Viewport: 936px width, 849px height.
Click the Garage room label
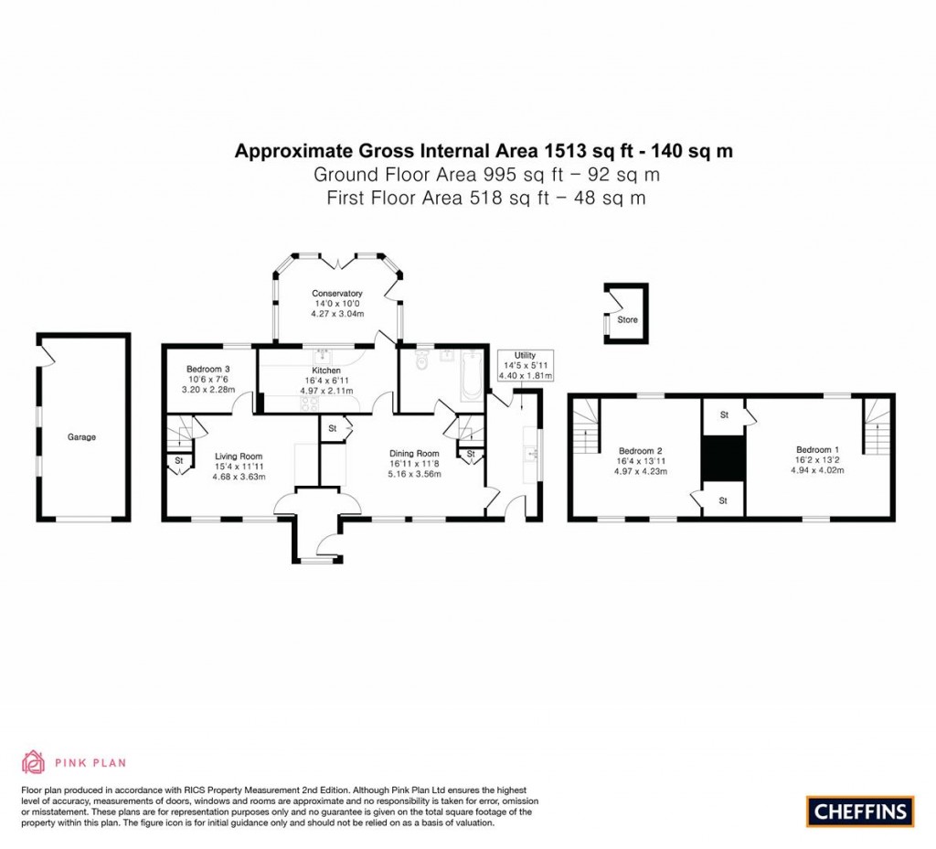[x=81, y=436]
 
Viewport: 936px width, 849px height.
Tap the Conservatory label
[x=336, y=294]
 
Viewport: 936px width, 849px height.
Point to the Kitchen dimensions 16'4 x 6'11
[x=326, y=381]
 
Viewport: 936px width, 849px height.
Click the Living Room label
[x=239, y=456]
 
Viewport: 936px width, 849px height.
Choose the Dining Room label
[x=414, y=454]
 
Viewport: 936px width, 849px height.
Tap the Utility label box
[x=526, y=366]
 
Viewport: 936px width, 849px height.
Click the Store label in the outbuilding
[x=627, y=319]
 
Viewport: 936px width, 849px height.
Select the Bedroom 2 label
[x=641, y=451]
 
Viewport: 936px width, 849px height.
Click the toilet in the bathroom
[x=422, y=360]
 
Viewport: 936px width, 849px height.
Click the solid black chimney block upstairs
[x=723, y=458]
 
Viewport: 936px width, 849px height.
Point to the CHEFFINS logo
[x=860, y=811]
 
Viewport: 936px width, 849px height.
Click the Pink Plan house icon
[x=34, y=762]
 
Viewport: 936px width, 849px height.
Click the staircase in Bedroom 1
[x=877, y=425]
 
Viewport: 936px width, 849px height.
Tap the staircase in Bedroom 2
[x=586, y=426]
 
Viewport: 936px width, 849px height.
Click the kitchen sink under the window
[x=323, y=356]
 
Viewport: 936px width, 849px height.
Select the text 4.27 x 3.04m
[x=337, y=313]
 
